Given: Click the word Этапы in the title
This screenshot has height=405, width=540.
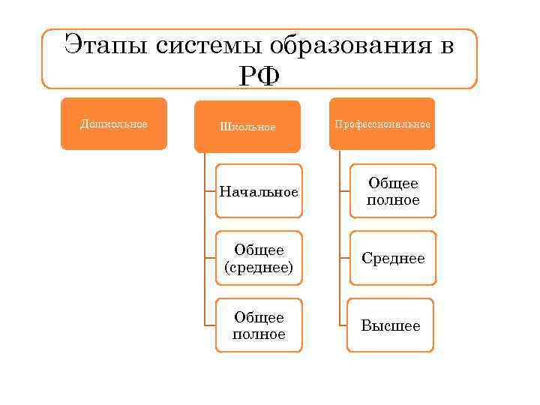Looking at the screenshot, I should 106,46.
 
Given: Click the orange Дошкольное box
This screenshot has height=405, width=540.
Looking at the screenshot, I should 114,124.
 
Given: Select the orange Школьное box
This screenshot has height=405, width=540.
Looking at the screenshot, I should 247,127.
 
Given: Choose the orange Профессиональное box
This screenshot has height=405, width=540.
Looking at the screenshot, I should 382,124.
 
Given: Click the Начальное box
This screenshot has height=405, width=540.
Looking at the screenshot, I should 259,192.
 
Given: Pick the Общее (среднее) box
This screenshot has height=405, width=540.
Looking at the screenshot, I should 259,258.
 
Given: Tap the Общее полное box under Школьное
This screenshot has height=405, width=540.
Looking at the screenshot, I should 259,325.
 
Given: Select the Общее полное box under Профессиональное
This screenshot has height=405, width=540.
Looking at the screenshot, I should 392,191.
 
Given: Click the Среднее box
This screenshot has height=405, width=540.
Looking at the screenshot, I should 392,258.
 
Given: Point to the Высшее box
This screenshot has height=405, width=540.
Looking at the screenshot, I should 391,325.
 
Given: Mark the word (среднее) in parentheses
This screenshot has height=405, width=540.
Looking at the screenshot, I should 259,267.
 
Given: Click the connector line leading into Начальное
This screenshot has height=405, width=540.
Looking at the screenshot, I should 210,192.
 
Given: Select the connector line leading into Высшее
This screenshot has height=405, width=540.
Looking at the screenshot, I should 343,325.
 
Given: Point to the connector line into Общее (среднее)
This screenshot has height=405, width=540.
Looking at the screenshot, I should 210,258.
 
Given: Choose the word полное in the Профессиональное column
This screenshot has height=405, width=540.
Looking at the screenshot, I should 392,200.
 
